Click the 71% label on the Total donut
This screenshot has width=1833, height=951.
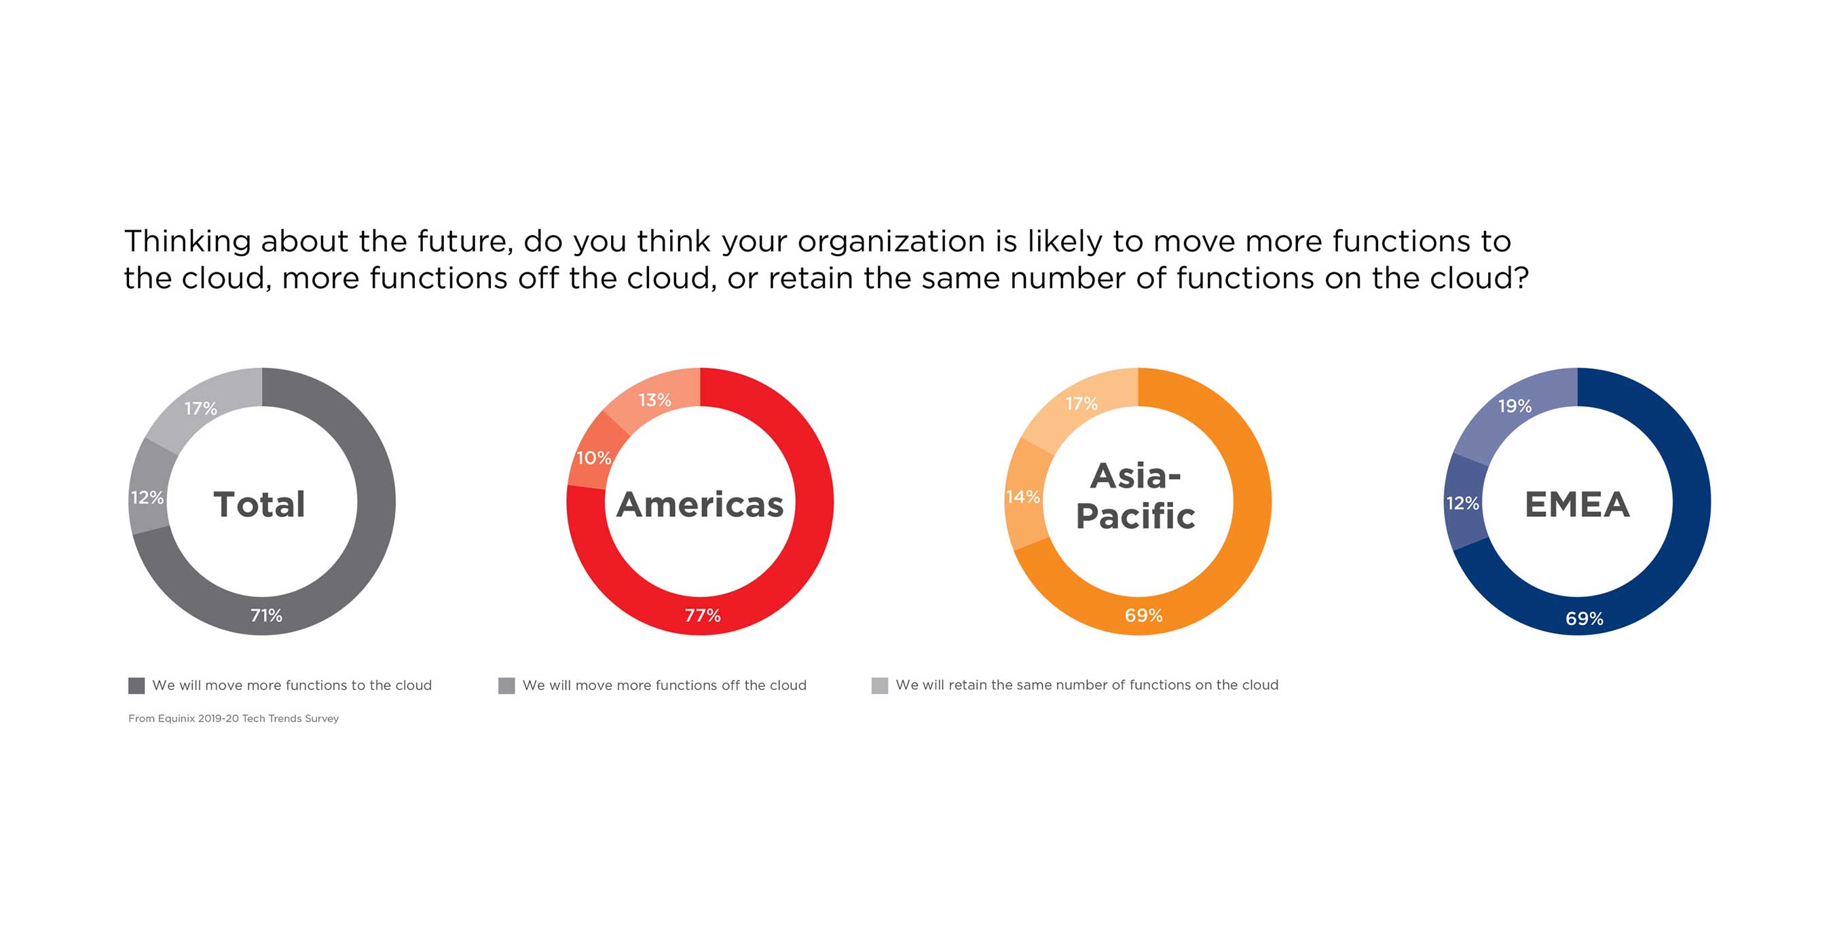click(266, 615)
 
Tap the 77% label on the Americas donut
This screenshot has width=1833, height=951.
click(703, 615)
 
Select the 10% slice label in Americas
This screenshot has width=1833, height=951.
click(593, 458)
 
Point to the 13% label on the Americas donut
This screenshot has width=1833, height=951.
click(654, 400)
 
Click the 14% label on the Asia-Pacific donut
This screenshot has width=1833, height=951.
click(1022, 497)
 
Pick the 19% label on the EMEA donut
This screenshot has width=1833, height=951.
click(1515, 406)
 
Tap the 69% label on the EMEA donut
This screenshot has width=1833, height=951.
click(1584, 619)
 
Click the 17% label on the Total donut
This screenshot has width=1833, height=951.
click(201, 408)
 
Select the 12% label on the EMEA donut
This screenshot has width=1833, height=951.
click(1462, 503)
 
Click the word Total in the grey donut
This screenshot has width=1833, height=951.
click(260, 504)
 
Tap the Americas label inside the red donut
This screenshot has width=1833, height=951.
click(700, 504)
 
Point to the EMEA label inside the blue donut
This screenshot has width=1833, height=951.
click(1577, 504)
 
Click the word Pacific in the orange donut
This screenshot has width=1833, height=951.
click(1136, 516)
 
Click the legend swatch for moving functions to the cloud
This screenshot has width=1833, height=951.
click(136, 685)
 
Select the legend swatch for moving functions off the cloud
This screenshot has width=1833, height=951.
click(506, 685)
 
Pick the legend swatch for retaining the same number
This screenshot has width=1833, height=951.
click(879, 685)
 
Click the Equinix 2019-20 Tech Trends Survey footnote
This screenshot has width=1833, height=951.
click(234, 718)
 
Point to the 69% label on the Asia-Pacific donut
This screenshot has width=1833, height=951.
click(1143, 615)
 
